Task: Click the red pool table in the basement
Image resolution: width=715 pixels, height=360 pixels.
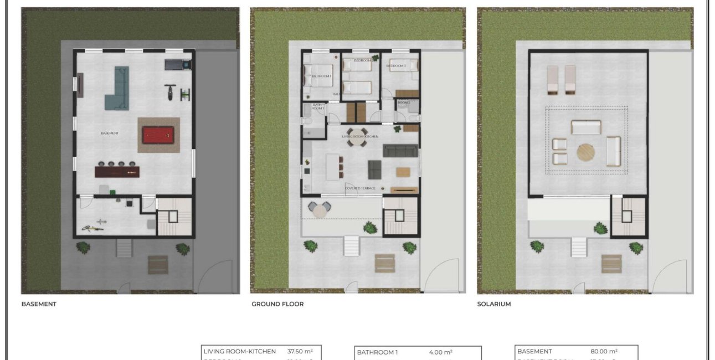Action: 158,135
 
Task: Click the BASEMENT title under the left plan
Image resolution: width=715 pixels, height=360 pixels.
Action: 39,304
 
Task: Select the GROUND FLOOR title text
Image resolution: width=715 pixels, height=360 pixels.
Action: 277,304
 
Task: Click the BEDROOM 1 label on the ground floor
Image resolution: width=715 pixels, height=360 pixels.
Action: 321,76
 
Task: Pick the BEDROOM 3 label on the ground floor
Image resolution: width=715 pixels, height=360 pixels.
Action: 396,66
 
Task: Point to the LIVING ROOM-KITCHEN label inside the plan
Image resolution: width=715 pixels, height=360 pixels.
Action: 359,136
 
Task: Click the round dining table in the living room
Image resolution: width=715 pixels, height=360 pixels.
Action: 357,141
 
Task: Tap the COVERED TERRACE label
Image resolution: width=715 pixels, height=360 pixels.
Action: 360,188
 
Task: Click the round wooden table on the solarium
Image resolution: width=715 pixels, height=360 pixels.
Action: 585,152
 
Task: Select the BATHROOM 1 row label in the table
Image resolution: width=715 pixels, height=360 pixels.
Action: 377,352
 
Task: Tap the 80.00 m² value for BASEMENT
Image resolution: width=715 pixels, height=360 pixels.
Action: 604,351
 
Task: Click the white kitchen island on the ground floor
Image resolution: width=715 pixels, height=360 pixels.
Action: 332,167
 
